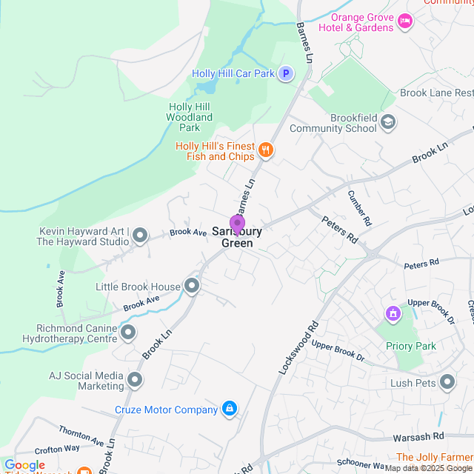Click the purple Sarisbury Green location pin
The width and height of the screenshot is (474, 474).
[x=237, y=224]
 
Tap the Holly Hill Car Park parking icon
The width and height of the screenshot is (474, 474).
[x=286, y=73]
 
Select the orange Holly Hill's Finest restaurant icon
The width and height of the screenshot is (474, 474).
[x=267, y=151]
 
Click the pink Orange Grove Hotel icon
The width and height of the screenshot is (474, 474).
[x=404, y=21]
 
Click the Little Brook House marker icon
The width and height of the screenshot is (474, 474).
[x=193, y=286]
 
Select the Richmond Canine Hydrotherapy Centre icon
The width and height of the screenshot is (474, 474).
[x=128, y=333]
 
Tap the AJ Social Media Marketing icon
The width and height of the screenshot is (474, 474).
[x=135, y=381]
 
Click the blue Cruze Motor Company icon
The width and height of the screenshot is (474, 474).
[x=230, y=409]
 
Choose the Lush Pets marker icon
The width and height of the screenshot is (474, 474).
[x=447, y=382]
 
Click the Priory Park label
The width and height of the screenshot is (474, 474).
[x=410, y=346]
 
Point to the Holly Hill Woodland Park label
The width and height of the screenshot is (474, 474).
[x=190, y=117]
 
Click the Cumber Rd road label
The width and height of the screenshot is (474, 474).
[x=360, y=208]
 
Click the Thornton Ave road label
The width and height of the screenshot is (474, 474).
[x=81, y=435]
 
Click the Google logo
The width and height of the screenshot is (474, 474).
[x=24, y=465]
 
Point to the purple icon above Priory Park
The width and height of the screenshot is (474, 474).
[x=393, y=314]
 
